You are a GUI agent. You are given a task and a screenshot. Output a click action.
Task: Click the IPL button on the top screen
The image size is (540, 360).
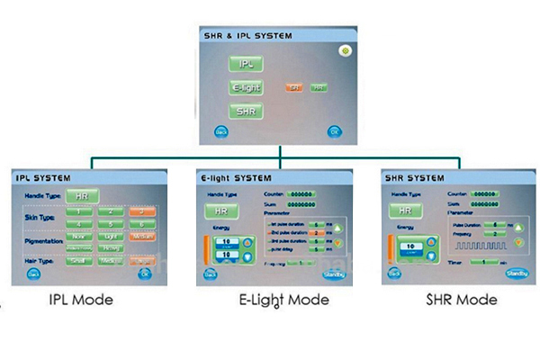(x=245, y=65)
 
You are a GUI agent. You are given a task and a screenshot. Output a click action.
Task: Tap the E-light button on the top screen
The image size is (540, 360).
(x=245, y=88)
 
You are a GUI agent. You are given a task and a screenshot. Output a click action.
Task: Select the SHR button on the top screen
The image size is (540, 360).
(x=245, y=111)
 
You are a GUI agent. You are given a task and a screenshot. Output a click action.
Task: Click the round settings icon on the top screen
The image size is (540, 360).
(x=343, y=51)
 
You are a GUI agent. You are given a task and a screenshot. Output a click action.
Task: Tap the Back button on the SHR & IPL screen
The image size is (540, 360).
(x=220, y=131)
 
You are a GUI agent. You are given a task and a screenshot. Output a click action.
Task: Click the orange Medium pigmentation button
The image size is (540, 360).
(x=141, y=237)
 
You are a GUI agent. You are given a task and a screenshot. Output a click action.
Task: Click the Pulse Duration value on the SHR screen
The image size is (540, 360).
(x=497, y=228)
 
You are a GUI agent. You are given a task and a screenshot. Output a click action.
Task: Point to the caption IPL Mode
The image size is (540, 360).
(x=82, y=299)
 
